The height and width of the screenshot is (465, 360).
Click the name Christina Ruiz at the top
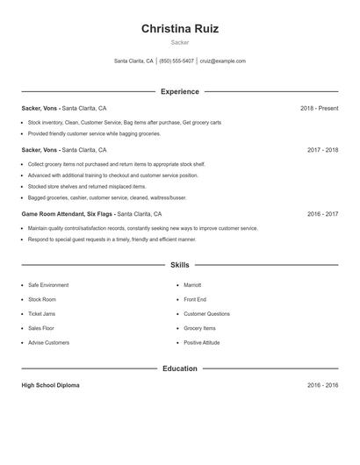pos(180,29)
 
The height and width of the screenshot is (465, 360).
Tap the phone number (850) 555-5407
pos(176,61)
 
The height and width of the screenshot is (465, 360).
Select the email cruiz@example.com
pos(223,61)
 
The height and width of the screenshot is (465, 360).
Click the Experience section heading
pos(180,91)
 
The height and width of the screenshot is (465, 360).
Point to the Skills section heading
pos(180,265)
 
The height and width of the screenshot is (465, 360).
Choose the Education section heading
pos(180,368)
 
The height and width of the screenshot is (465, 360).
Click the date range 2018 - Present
pos(319,108)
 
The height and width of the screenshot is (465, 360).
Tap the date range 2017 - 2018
pos(322,150)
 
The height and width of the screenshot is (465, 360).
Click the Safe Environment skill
pos(48,285)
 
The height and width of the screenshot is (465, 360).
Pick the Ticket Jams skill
pos(43,314)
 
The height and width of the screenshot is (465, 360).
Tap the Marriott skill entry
pos(192,285)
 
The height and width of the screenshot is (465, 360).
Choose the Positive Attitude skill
pos(202,343)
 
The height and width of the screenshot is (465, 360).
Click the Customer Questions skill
pos(206,314)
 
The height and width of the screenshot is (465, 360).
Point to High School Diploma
pos(50,385)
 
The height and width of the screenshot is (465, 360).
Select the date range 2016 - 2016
pos(322,385)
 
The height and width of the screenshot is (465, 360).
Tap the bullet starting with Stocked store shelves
pos(87,187)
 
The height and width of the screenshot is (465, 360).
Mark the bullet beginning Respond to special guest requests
pos(112,240)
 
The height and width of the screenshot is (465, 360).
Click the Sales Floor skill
pos(42,328)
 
